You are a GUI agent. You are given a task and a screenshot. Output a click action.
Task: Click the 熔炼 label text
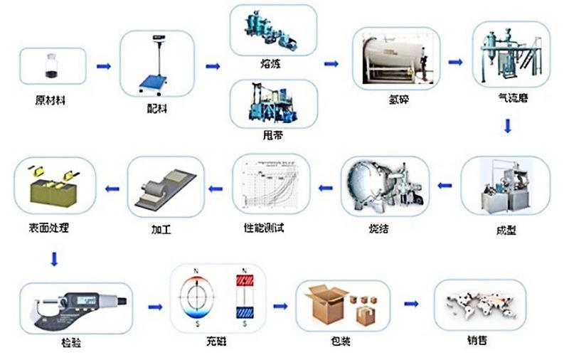coord(272,63)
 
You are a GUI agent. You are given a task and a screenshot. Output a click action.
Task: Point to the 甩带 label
coord(272,134)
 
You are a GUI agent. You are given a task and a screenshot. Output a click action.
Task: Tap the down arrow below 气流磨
coord(508,127)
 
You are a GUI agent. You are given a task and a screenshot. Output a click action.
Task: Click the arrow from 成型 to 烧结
coord(444,187)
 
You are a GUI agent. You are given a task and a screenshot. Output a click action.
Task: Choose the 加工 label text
coord(162,231)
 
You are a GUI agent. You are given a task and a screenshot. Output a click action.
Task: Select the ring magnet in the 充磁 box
coord(198,298)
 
